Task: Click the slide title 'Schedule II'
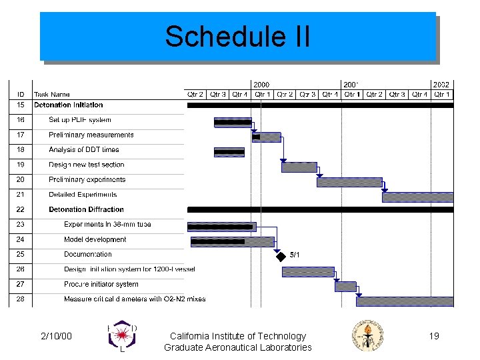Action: (237, 37)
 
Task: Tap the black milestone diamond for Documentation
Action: (281, 255)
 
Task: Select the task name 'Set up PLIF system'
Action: (79, 120)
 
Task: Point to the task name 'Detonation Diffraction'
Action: (86, 209)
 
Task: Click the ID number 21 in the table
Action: (21, 195)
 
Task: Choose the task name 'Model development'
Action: (95, 239)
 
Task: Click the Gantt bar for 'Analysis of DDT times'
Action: (229, 152)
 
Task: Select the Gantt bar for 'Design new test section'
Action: (299, 167)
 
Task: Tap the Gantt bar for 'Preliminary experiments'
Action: (349, 182)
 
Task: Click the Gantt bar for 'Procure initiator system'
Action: (345, 286)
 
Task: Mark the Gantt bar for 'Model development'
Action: (232, 241)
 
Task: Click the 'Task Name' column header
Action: (51, 95)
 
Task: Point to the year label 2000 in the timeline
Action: (261, 85)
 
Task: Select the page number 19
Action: (434, 336)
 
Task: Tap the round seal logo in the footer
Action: (368, 337)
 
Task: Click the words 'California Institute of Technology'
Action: (238, 336)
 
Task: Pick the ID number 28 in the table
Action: (21, 299)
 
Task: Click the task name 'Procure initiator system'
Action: (101, 284)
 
